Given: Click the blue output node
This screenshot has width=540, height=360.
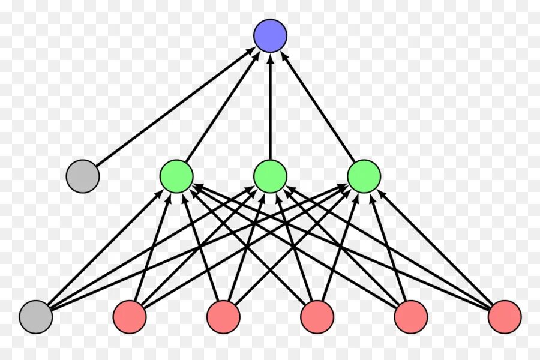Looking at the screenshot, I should [x=270, y=35].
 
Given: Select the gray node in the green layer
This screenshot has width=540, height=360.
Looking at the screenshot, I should [x=82, y=176].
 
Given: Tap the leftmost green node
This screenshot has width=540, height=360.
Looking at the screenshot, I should [x=176, y=176].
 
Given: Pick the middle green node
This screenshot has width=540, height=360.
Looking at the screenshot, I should [x=270, y=176].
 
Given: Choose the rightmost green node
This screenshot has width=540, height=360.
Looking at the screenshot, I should [x=364, y=176].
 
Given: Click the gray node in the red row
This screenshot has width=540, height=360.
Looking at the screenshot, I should [x=35, y=317].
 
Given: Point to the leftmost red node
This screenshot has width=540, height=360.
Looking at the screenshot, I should [x=130, y=317].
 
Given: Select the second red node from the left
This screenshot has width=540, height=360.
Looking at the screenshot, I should [x=223, y=317].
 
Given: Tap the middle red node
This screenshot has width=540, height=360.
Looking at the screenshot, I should [x=317, y=317].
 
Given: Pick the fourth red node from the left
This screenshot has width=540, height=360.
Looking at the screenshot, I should [x=410, y=317].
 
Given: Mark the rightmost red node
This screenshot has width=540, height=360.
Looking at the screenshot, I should [x=504, y=317].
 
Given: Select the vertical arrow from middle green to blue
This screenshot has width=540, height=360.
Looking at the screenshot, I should [x=270, y=108].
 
